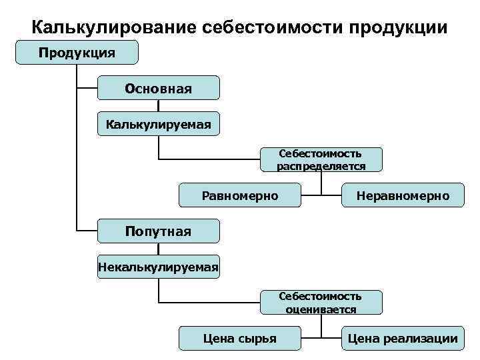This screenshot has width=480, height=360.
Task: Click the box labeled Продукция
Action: [x=77, y=52]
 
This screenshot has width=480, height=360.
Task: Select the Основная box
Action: [x=158, y=88]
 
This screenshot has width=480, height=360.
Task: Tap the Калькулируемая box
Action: [x=158, y=123]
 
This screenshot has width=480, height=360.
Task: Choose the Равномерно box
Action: [x=240, y=195]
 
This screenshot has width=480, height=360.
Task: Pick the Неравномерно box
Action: [x=402, y=195]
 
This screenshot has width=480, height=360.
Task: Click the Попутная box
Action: [x=158, y=231]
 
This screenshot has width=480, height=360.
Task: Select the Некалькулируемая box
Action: [x=158, y=267]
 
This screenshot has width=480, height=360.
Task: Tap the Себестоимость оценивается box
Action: [x=321, y=302]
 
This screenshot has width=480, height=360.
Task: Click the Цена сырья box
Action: [x=240, y=339]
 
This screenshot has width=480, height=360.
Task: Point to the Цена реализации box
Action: [x=402, y=339]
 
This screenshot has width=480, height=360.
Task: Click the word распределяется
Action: [x=321, y=166]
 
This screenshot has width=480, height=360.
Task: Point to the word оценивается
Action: [x=321, y=309]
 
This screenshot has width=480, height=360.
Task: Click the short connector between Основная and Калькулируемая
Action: [x=158, y=105]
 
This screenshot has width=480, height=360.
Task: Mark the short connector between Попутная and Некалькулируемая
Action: [x=158, y=249]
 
